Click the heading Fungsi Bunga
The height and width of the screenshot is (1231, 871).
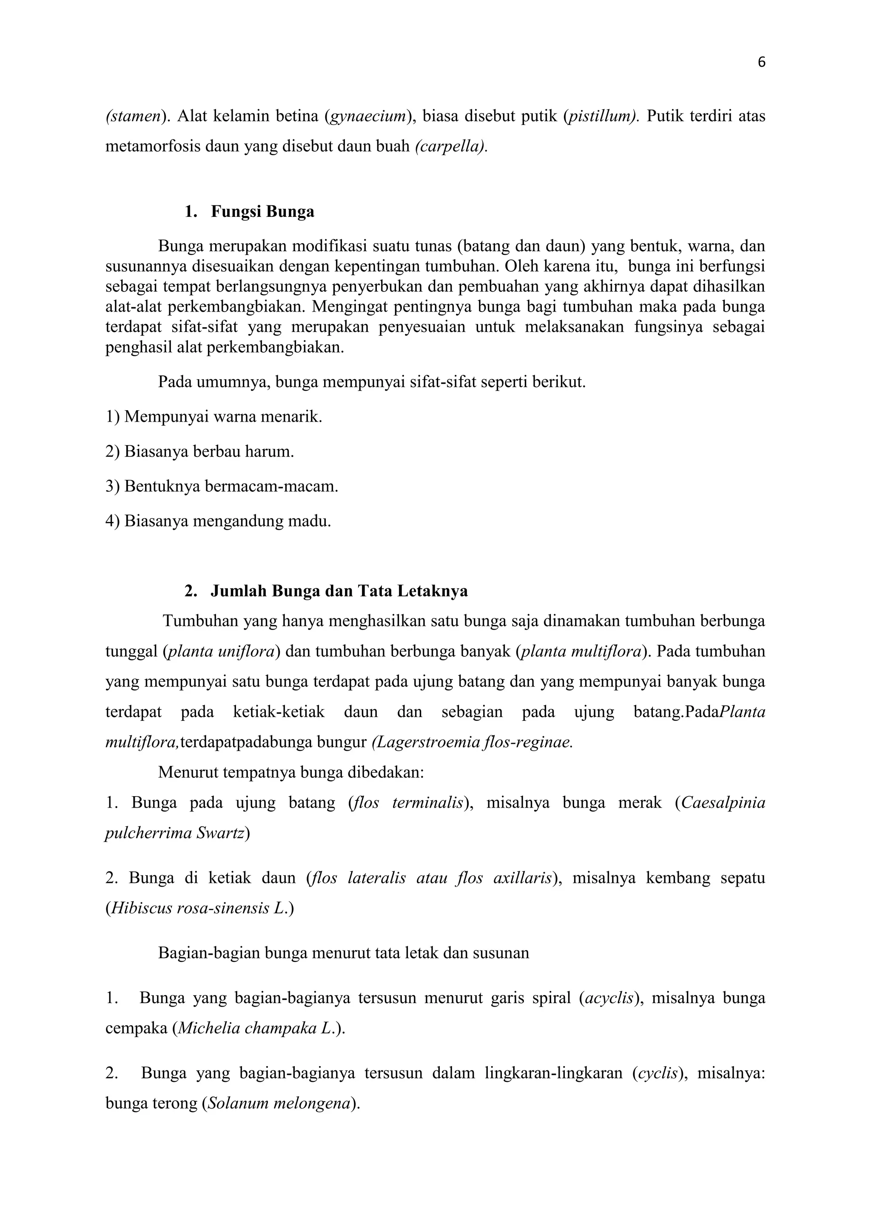[x=262, y=212]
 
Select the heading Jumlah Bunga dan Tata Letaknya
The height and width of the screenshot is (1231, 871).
[x=339, y=591]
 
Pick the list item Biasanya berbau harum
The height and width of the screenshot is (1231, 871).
[x=199, y=451]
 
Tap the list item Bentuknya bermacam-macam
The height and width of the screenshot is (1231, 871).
[x=222, y=486]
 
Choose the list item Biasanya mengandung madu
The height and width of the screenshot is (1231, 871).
[x=218, y=521]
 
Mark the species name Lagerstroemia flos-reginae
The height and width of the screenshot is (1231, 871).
[x=472, y=742]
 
